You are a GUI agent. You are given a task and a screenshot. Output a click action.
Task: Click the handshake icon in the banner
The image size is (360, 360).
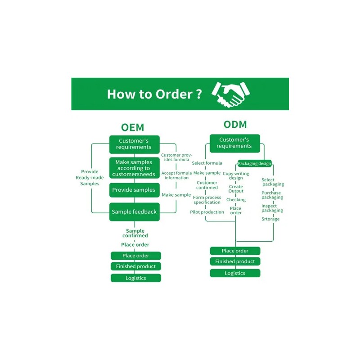coord(230,94)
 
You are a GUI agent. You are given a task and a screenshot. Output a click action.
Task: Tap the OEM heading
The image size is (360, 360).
coord(132,127)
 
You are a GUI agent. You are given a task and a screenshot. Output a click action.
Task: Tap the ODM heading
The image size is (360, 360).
coord(235,125)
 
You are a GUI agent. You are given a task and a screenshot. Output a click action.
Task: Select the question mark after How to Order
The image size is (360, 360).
coord(199,94)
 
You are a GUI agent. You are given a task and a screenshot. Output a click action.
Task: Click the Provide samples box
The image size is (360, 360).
coord(134,190)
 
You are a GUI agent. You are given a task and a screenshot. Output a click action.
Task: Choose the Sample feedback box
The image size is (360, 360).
coord(134,212)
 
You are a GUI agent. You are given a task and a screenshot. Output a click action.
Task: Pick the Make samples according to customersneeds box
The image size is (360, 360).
coord(134,168)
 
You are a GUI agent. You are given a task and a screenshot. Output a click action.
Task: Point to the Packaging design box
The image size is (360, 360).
coord(254,163)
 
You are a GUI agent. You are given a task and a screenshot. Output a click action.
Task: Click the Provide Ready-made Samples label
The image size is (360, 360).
coord(90,177)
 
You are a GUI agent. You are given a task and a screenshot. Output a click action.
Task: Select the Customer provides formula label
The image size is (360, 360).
coord(176,157)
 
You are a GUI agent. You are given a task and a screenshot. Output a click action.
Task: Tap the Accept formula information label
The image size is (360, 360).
coord(176,175)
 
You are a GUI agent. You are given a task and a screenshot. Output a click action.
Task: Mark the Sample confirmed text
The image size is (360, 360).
coord(135,233)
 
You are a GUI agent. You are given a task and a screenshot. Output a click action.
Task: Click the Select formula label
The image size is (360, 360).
coord(207,163)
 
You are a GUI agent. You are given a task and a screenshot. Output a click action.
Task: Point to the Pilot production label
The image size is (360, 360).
coord(207,212)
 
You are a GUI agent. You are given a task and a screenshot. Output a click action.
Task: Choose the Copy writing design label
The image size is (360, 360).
coord(236,175)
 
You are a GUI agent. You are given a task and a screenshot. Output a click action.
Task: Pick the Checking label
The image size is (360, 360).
coord(236,200)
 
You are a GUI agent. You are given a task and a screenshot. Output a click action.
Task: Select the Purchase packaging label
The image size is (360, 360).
coord(272,195)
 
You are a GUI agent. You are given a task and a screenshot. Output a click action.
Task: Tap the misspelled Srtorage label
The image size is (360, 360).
coord(270,219)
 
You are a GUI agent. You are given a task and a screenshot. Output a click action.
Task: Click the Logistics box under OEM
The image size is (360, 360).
coord(136,278)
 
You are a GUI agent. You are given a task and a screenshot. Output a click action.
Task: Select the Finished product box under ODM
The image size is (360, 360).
coord(235,261)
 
